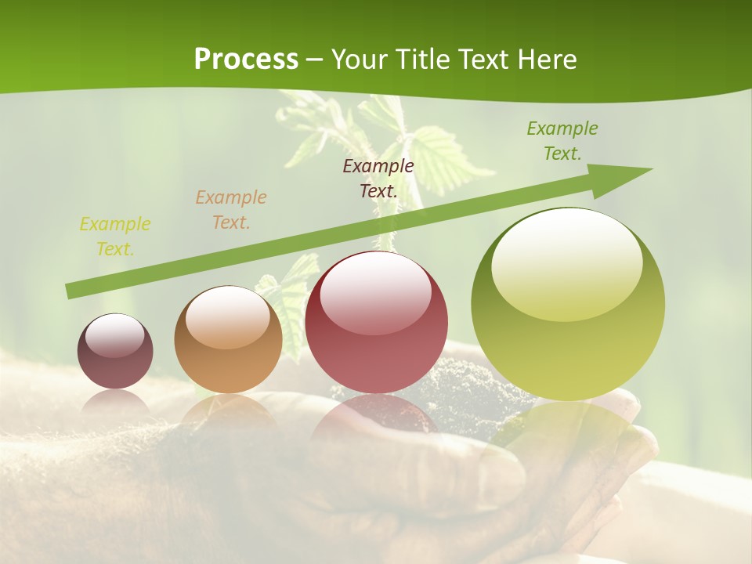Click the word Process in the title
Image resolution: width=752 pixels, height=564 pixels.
246,59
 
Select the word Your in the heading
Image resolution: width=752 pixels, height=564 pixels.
356,59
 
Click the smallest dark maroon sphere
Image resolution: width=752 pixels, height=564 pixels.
115,352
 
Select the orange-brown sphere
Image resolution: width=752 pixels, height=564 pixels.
228,340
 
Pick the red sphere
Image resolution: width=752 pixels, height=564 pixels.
376,323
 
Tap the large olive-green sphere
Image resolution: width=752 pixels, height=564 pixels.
568,305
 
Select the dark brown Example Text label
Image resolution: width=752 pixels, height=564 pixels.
378,178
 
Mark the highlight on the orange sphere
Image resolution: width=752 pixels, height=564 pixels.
228,315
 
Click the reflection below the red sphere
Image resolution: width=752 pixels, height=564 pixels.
376,415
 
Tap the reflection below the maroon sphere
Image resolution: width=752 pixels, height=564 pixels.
115,401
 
